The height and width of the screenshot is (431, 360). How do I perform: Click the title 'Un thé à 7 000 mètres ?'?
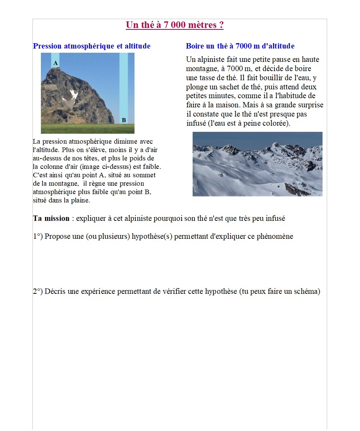click(x=175, y=25)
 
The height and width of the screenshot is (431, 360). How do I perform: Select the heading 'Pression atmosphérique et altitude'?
click(x=92, y=46)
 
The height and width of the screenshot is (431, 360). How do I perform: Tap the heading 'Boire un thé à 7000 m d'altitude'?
click(x=240, y=46)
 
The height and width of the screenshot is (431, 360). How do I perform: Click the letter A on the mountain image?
click(x=55, y=63)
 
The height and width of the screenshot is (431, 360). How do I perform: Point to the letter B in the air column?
click(x=123, y=120)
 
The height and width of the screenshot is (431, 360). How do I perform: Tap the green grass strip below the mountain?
click(x=88, y=128)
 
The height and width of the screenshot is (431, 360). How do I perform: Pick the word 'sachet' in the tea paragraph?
click(x=229, y=87)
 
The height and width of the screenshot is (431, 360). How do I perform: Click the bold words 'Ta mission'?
click(x=51, y=219)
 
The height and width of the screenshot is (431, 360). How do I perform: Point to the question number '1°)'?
click(x=38, y=236)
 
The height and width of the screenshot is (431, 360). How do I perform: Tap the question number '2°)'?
click(x=38, y=292)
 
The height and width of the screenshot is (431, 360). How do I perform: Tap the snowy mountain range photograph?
click(x=257, y=164)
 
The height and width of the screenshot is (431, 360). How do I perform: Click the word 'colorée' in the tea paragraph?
click(x=276, y=123)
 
